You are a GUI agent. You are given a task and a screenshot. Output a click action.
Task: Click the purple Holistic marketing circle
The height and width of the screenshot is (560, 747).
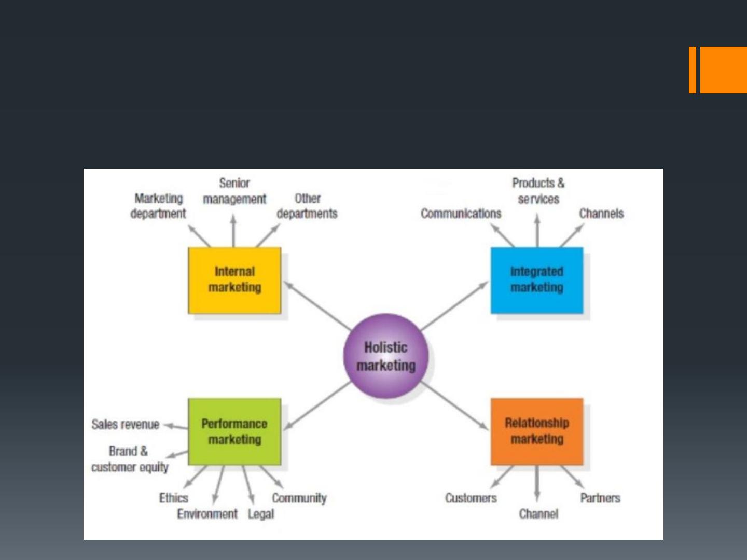[x=386, y=356]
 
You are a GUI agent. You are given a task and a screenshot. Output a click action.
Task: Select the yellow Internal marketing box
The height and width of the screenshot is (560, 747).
[x=234, y=280]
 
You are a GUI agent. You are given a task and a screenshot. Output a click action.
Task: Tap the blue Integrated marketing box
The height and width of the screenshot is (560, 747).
[x=537, y=280]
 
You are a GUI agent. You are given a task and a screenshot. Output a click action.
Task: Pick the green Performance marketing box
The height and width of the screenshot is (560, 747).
[x=234, y=431]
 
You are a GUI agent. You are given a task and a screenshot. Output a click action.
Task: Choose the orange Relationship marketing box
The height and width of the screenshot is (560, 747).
[x=537, y=431]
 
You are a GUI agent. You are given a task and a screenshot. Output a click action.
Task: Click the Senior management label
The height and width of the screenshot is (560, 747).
[x=234, y=191]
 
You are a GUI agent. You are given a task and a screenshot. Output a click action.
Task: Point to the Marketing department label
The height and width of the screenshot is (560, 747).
[x=158, y=206]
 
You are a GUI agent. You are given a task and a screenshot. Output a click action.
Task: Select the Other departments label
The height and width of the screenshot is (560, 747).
[x=307, y=206]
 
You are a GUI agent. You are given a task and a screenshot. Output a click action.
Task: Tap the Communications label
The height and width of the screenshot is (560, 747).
[x=461, y=214]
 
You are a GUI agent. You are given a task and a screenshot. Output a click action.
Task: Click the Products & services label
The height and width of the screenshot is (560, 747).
[x=538, y=191]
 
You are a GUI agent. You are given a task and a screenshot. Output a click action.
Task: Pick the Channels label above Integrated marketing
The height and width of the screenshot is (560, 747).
[x=601, y=214]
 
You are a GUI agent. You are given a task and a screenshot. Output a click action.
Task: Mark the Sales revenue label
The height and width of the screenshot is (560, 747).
[x=125, y=424]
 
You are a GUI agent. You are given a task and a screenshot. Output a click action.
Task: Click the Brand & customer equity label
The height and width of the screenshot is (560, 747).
[x=130, y=459]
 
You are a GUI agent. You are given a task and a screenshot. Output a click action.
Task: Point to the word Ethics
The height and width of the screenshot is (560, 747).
[x=174, y=498]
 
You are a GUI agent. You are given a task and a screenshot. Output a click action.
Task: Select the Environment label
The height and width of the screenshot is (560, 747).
[x=207, y=514]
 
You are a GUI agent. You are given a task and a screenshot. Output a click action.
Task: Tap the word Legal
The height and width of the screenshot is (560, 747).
[x=261, y=514]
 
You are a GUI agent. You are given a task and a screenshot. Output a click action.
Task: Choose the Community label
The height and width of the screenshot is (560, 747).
[x=299, y=498]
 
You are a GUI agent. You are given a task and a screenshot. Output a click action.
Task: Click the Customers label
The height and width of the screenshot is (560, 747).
[x=471, y=498]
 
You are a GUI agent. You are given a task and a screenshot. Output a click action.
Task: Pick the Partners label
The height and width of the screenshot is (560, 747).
[x=600, y=498]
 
